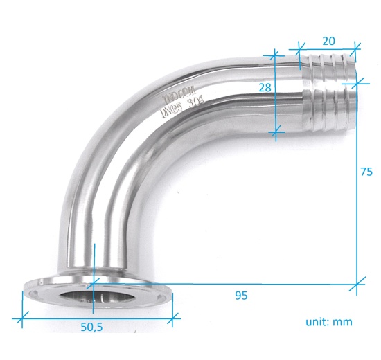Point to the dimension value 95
[241, 296]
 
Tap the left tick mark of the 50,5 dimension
[22, 319]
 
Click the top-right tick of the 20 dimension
[356, 47]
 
